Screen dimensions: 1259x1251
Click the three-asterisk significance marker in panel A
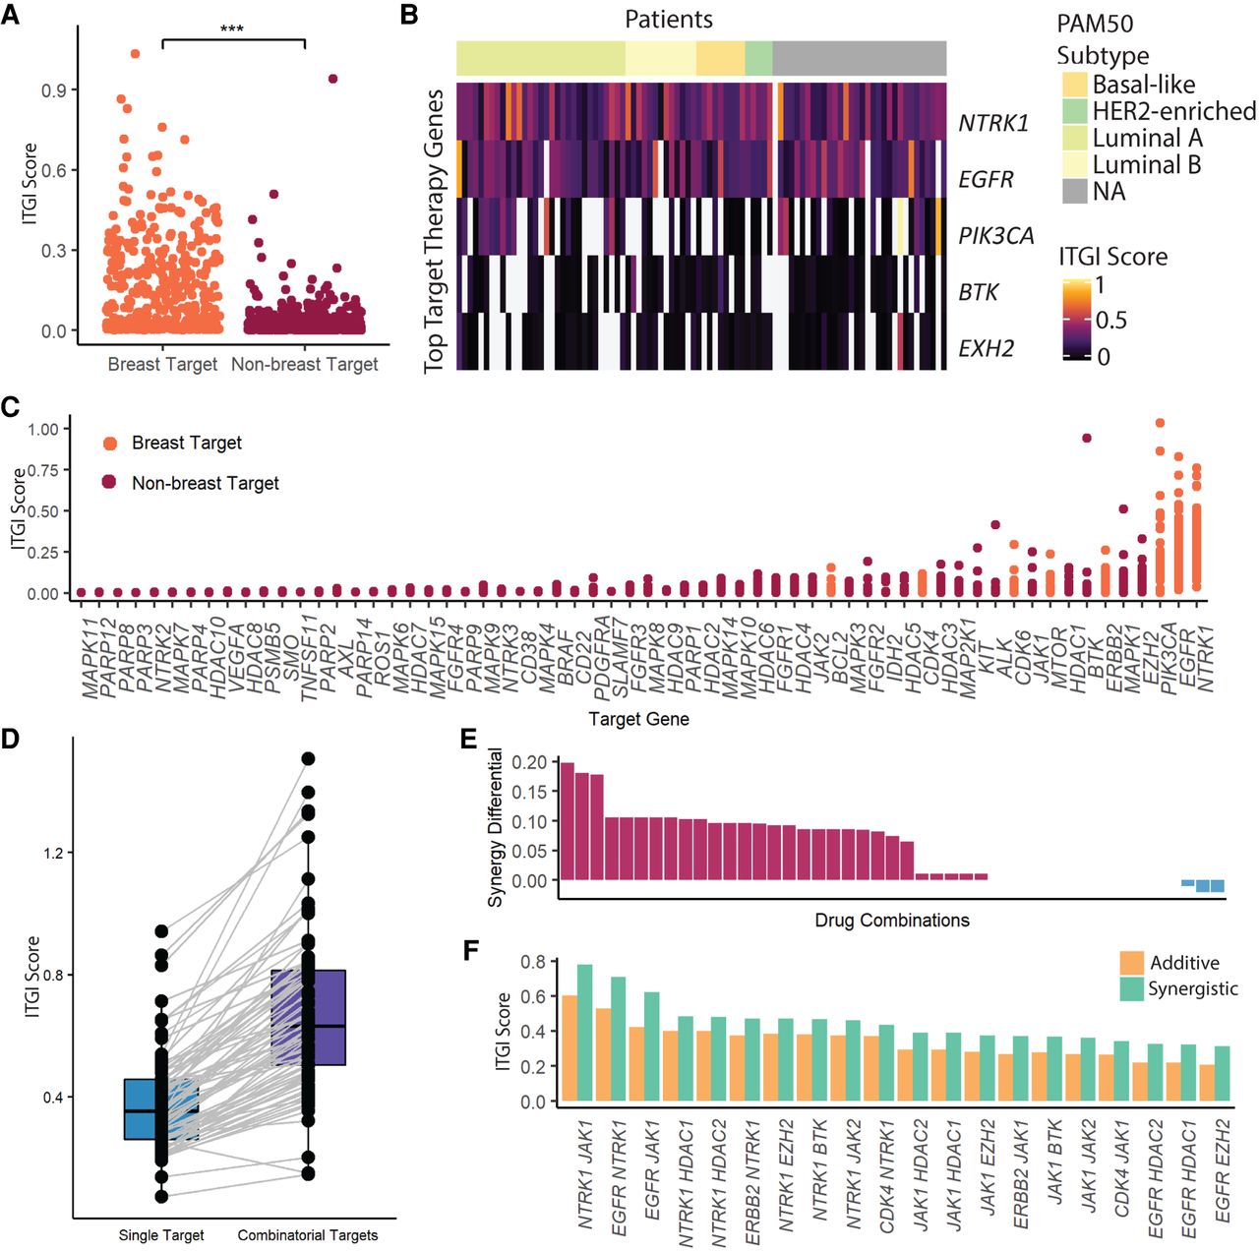click(x=232, y=29)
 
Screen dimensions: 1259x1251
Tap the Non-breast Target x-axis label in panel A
click(x=305, y=364)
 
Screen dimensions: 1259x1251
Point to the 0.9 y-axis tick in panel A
click(x=53, y=89)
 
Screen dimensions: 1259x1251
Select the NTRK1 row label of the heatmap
click(x=993, y=123)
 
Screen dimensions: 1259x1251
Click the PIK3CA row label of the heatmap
click(x=996, y=235)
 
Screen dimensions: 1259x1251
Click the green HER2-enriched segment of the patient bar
click(x=758, y=58)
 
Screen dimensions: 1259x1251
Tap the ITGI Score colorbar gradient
click(x=1077, y=320)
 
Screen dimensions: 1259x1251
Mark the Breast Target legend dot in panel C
click(x=110, y=444)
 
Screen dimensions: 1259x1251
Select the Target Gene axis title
click(x=638, y=720)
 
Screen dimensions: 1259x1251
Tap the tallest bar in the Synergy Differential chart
click(x=568, y=821)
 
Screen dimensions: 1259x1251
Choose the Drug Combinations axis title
click(x=892, y=921)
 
